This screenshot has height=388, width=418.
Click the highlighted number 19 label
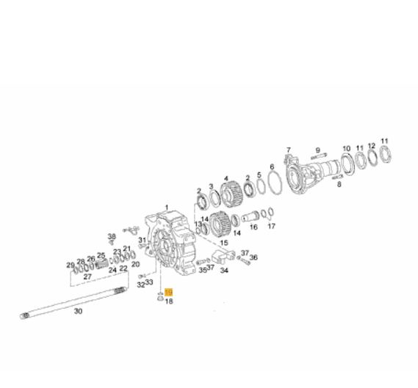click(x=169, y=293)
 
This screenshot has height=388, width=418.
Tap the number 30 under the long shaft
click(x=78, y=311)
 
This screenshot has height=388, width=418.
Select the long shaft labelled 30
click(x=73, y=303)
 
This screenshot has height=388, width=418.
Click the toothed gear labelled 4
click(x=231, y=194)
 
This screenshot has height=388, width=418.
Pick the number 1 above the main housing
click(x=167, y=208)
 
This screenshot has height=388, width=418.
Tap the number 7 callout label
click(x=289, y=150)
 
